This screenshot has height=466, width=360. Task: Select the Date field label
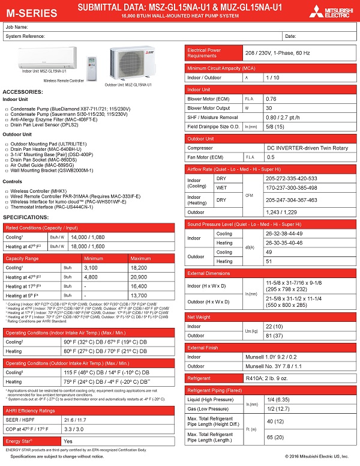[x=290, y=36]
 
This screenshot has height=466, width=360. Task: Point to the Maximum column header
[x=140, y=258]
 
